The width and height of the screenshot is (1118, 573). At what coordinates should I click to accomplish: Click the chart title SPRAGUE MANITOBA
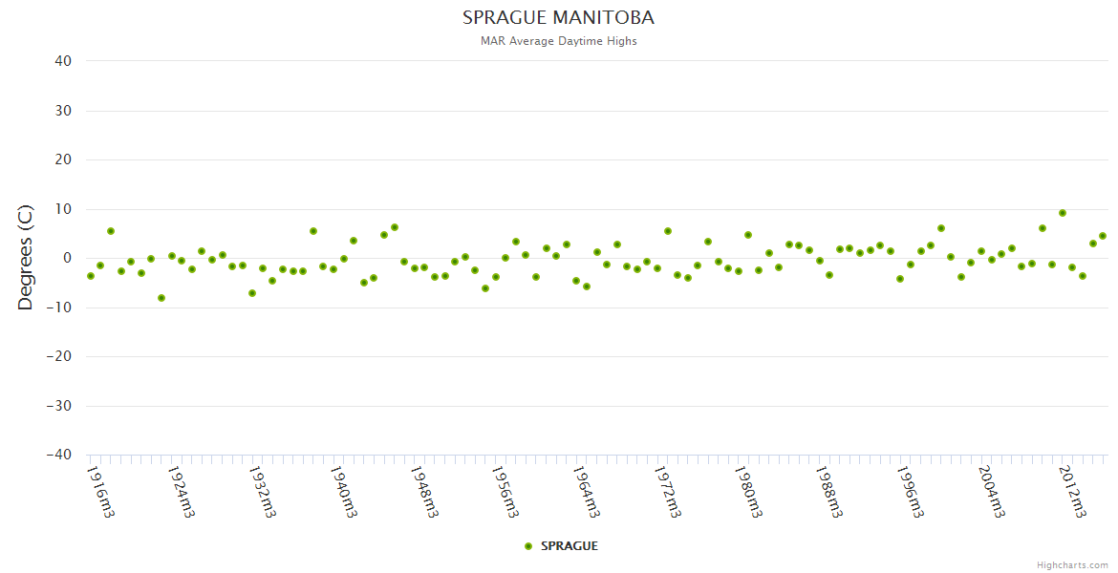click(x=558, y=18)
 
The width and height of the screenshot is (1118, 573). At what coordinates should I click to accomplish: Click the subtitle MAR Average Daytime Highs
click(x=558, y=41)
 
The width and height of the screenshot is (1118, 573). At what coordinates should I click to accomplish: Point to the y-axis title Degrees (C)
click(x=26, y=257)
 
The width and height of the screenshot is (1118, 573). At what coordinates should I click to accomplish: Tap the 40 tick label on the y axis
click(x=63, y=61)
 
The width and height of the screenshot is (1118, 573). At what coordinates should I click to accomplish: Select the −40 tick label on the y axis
click(x=59, y=456)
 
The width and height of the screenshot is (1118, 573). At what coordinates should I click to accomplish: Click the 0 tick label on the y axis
click(x=67, y=258)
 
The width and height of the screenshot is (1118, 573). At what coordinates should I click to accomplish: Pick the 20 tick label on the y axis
click(x=63, y=159)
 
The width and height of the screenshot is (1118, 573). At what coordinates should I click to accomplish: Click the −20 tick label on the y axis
click(x=59, y=356)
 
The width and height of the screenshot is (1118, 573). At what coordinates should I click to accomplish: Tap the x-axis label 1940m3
click(x=345, y=491)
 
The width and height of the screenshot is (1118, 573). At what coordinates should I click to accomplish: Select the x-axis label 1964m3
click(x=587, y=491)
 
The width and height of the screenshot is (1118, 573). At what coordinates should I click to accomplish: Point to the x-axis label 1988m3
click(x=829, y=491)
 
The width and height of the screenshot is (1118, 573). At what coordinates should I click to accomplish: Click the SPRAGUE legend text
click(x=570, y=546)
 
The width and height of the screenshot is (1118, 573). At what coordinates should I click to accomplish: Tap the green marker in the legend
click(x=528, y=546)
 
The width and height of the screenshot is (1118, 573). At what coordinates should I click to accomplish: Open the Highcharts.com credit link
click(x=1072, y=564)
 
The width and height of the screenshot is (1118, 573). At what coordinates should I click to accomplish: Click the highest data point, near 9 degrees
click(x=1062, y=213)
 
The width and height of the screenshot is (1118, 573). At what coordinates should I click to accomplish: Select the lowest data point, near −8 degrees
click(x=161, y=298)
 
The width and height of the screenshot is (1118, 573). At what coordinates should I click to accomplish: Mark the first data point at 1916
click(x=91, y=276)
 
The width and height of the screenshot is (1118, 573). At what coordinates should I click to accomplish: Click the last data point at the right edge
click(x=1102, y=236)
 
